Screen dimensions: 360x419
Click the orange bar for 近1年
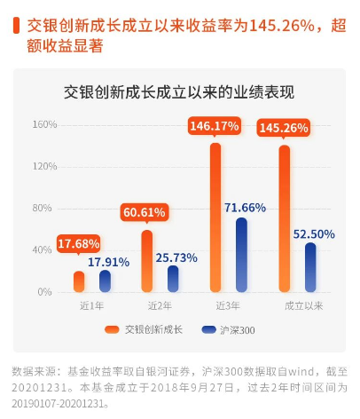pos(79,281)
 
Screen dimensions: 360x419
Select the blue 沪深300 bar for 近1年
pos(105,281)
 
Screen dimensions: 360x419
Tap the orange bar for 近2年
pos(147,261)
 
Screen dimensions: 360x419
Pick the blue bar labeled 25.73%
pos(173,279)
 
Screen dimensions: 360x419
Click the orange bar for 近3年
pos(215,217)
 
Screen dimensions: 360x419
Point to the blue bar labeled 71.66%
pos(241,255)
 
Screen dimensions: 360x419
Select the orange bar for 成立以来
pos(285,218)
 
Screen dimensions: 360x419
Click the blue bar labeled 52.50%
pos(310,267)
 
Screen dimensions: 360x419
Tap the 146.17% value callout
pos(215,127)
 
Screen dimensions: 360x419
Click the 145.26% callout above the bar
pos(284,129)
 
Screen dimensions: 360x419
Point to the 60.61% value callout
pos(145,213)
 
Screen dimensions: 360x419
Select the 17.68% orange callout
pos(78,244)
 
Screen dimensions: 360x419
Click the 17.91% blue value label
pos(108,262)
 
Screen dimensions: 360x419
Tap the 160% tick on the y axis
pos(44,124)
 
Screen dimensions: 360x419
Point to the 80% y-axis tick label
pos(42,208)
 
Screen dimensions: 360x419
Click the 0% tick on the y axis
pos(44,292)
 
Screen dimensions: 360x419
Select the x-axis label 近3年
pos(228,306)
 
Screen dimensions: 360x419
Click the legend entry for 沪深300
pos(228,330)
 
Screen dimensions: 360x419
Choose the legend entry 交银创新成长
pos(144,329)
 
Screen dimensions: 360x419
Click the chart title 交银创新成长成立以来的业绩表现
pos(179,92)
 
